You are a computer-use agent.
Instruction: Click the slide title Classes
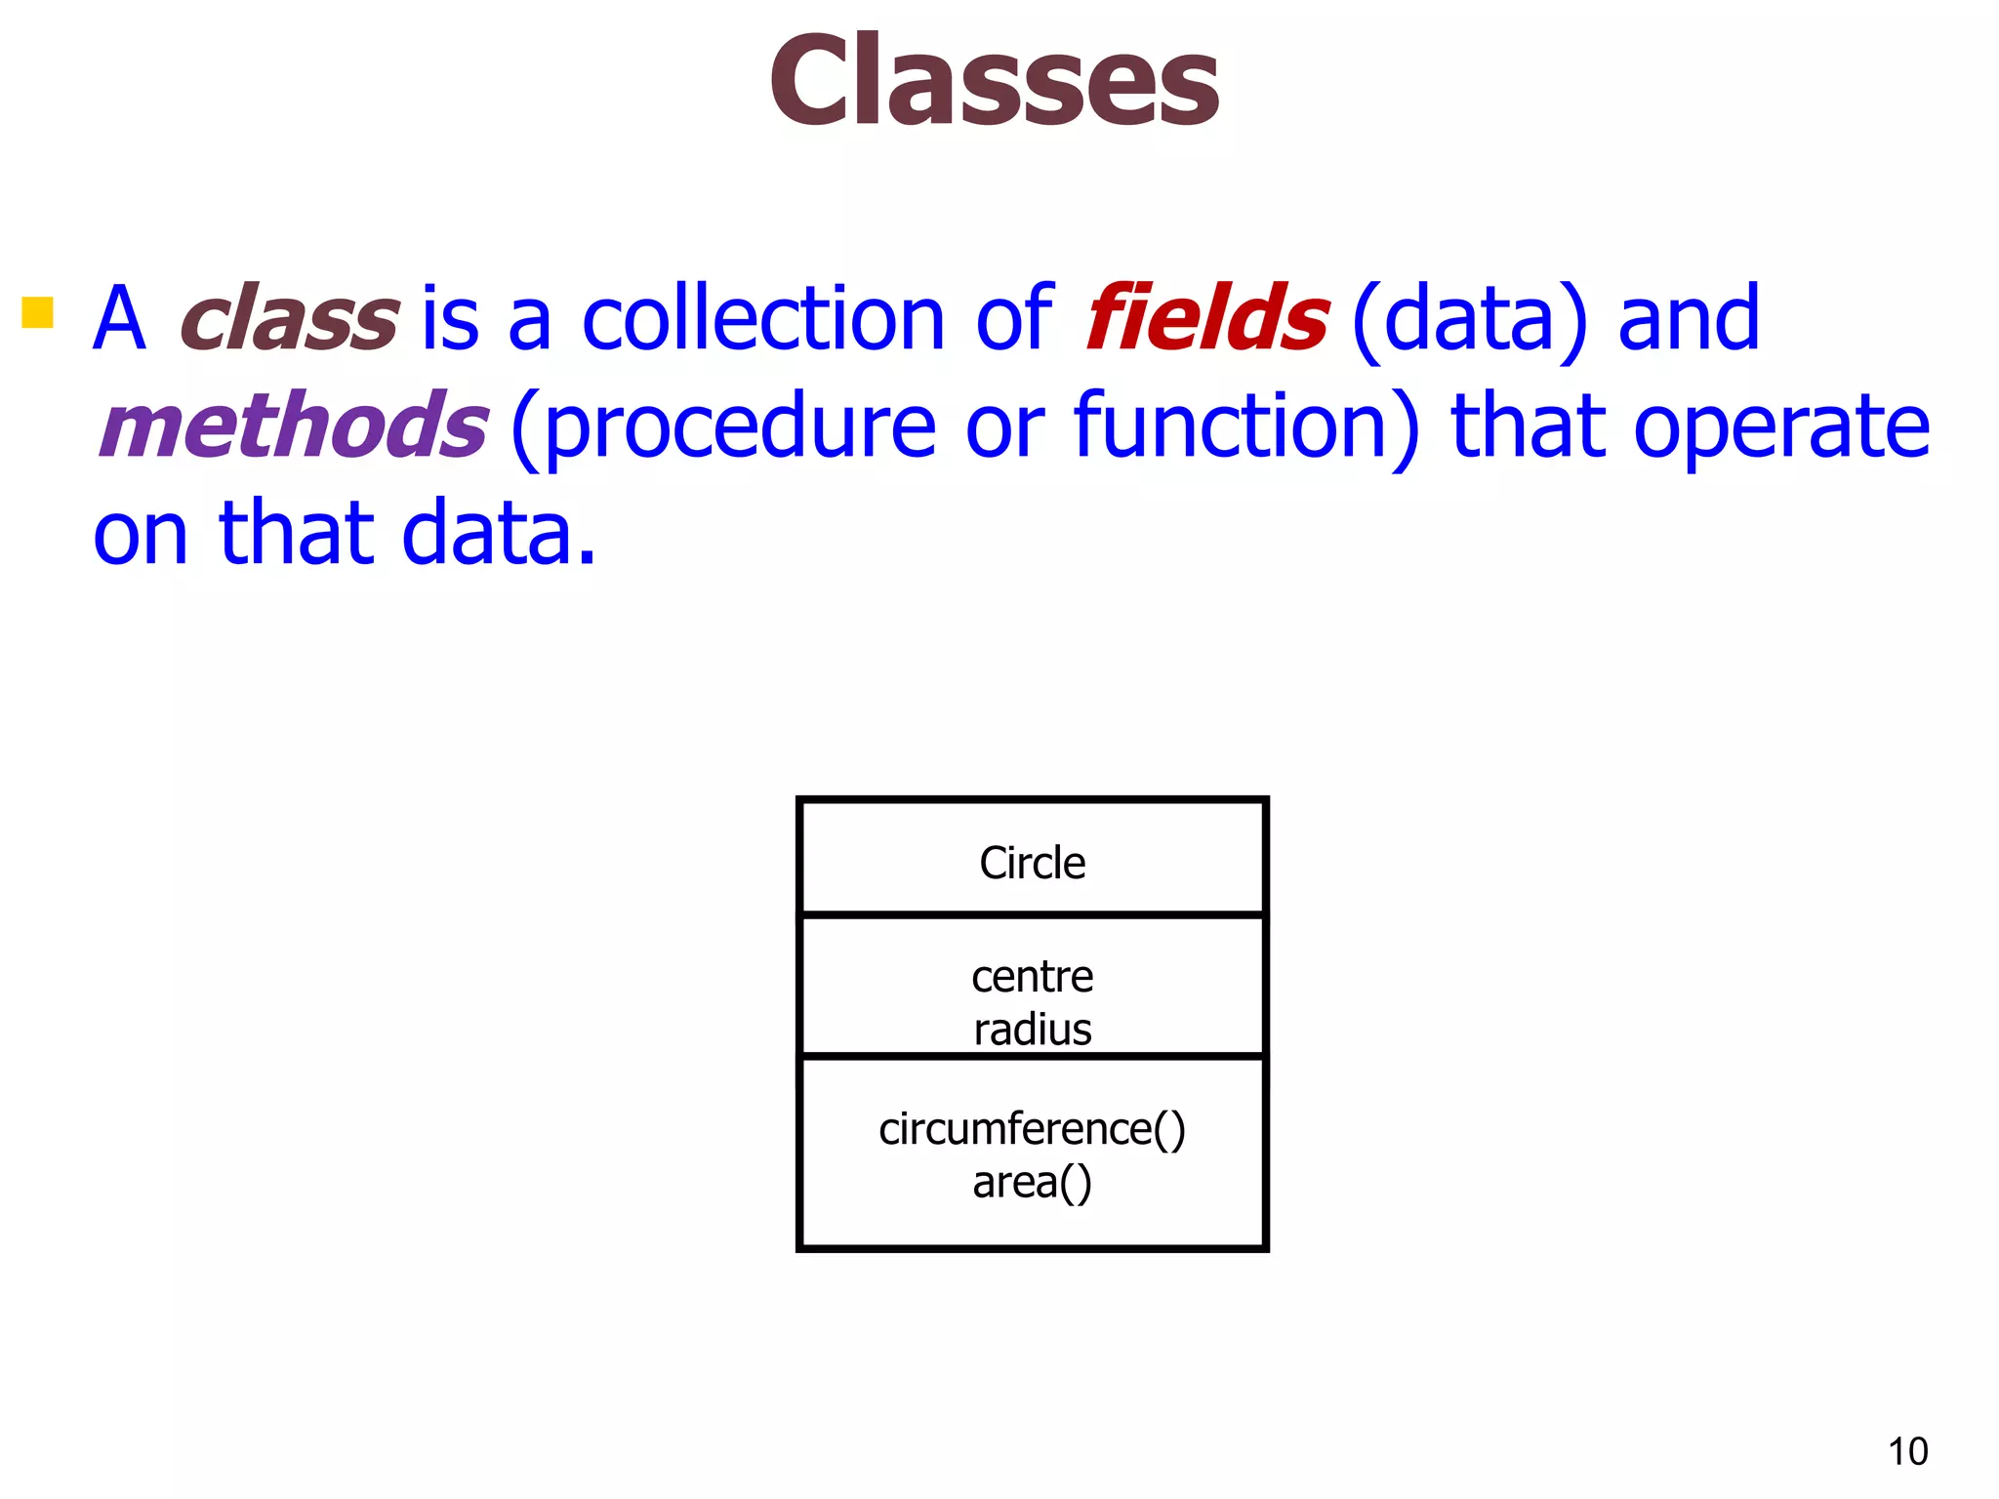tap(994, 80)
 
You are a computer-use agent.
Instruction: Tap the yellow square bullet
tap(37, 312)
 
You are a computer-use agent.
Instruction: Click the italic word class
tap(289, 318)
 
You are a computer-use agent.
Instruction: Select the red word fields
tap(1206, 318)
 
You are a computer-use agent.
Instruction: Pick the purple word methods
tap(293, 425)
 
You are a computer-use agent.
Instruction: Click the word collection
tap(763, 318)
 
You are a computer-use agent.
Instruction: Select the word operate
tap(1782, 427)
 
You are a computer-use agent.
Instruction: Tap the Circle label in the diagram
tap(1032, 863)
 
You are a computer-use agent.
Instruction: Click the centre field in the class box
tap(1032, 977)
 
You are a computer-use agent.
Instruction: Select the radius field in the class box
tap(1032, 1030)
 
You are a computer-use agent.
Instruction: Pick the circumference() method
tap(1032, 1130)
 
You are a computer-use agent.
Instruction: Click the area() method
tap(1032, 1183)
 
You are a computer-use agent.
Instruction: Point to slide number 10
tap(1907, 1451)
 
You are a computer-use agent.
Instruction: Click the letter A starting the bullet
tap(119, 318)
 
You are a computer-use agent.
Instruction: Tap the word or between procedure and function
tap(1005, 427)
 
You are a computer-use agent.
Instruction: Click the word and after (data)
tap(1689, 318)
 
